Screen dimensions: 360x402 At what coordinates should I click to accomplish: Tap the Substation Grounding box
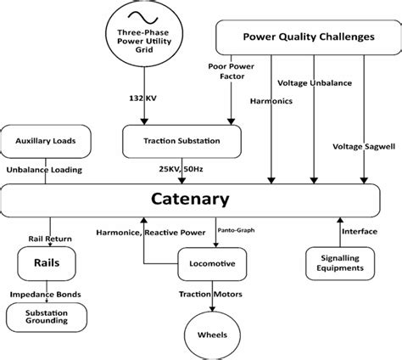click(40, 316)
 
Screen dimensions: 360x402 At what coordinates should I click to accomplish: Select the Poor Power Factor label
click(226, 72)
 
